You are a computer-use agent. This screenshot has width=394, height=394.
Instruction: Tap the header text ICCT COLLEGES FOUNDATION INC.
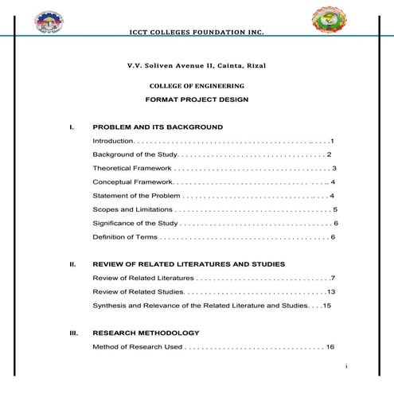196,33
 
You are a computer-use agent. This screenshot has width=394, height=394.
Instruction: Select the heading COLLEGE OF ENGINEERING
197,85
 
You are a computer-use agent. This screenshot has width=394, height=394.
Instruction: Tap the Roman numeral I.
72,127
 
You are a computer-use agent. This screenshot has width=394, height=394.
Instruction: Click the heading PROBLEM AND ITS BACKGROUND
158,127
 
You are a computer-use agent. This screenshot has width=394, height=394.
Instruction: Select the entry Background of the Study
134,154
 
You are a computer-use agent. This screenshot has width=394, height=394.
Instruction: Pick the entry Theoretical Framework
132,168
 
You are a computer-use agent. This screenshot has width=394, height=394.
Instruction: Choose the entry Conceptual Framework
132,182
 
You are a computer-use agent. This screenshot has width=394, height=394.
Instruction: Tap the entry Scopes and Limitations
132,209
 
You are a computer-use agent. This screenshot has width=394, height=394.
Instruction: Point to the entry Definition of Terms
125,237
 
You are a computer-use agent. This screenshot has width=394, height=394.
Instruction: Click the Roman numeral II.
72,264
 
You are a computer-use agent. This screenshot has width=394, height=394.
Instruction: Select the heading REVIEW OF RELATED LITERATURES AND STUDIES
189,264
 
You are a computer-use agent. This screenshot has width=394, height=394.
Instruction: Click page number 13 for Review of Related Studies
331,291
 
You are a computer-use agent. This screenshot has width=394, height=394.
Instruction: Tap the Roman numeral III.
73,333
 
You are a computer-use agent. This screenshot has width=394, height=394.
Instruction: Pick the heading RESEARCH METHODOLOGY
146,333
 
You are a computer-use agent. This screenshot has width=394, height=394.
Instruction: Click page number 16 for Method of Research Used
330,347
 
